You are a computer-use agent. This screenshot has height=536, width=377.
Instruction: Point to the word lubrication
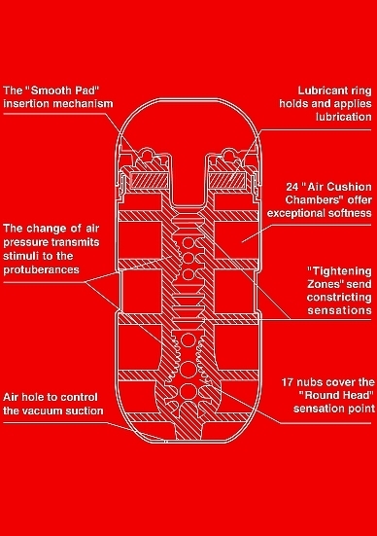[x=344, y=117]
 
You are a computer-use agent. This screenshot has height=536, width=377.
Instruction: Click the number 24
[x=292, y=187]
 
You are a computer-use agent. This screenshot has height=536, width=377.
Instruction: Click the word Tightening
[x=339, y=271]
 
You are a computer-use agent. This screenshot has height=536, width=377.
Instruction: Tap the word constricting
[x=339, y=298]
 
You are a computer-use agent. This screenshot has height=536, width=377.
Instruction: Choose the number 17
[x=288, y=382]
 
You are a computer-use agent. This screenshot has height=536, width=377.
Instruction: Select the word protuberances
[x=42, y=270]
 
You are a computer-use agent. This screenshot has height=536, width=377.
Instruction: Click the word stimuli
[x=18, y=256]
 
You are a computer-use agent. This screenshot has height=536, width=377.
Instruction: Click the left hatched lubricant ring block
[x=150, y=180]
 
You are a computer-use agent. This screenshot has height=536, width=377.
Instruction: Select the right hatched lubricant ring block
[x=227, y=180]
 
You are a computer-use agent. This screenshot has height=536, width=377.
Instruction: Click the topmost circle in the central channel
[x=188, y=243]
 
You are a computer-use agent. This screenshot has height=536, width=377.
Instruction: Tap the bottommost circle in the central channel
[x=188, y=391]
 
